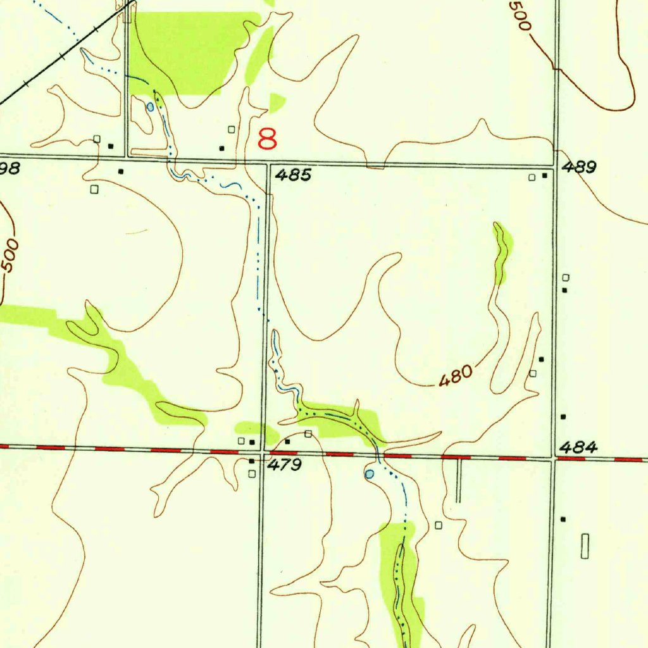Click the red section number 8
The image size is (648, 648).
[x=267, y=139]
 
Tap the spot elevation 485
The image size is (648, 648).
[x=293, y=175]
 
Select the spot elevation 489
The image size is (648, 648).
[x=579, y=168]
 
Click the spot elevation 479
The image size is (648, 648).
[x=284, y=466]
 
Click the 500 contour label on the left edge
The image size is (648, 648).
[x=9, y=256]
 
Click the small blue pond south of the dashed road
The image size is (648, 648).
[x=370, y=473]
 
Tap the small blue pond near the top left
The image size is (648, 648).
[x=150, y=107]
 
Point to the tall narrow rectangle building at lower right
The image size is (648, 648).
[x=585, y=545]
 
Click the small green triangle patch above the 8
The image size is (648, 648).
[x=277, y=102]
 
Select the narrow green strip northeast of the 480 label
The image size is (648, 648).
[x=503, y=251]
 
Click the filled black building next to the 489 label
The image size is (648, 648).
[x=545, y=176]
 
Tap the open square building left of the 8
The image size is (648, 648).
[x=232, y=129]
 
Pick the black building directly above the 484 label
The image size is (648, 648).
[x=563, y=417]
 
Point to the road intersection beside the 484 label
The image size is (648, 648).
[x=552, y=458]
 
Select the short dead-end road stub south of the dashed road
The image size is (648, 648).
[x=459, y=481]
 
